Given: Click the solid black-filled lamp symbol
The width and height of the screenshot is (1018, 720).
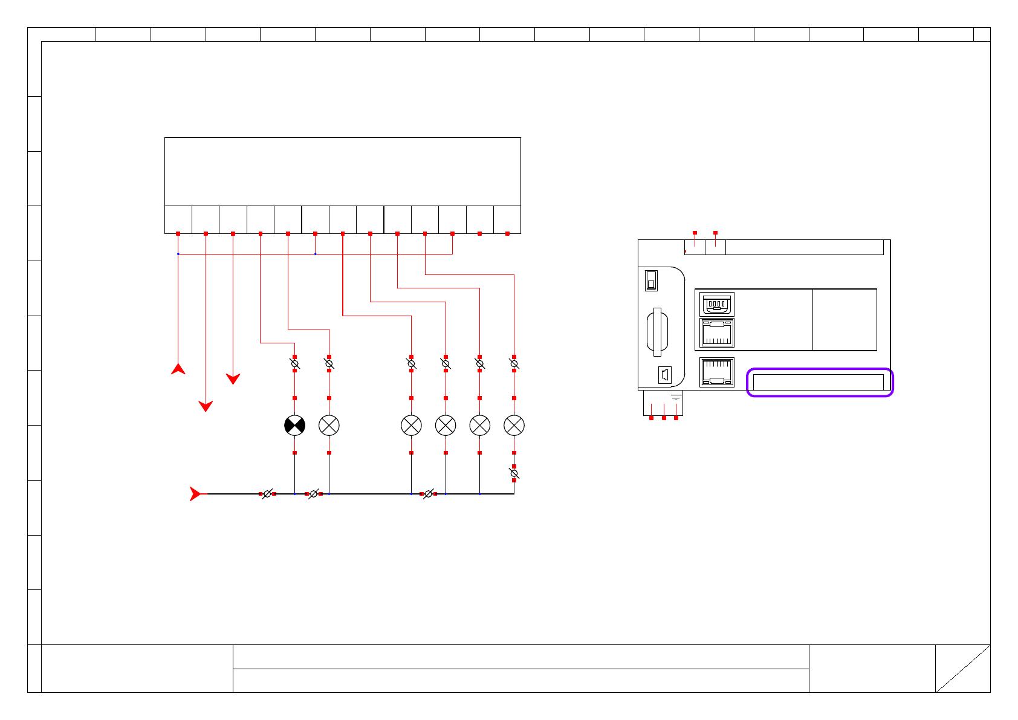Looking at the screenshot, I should [294, 426].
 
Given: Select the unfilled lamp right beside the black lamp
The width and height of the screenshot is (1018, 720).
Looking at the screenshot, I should [329, 426].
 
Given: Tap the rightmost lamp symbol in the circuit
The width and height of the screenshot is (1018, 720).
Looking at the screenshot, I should [514, 426].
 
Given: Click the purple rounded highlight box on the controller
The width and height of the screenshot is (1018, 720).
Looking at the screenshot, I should [820, 382].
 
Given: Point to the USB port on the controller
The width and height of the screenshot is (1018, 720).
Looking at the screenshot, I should [717, 304].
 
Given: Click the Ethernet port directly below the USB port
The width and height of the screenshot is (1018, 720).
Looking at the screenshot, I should [717, 332].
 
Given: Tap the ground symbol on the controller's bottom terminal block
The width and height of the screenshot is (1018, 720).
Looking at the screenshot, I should [676, 398].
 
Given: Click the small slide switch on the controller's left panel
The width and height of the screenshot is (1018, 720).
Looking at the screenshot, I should [651, 280].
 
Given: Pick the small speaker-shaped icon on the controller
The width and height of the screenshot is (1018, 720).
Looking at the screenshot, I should [664, 375].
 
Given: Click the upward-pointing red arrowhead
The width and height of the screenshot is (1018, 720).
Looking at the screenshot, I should [178, 369].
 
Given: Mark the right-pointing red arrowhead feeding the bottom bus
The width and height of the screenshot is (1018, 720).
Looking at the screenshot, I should [195, 494].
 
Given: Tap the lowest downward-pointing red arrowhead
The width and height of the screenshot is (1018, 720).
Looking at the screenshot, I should [206, 406].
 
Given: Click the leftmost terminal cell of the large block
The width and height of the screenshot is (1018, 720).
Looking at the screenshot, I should [178, 219].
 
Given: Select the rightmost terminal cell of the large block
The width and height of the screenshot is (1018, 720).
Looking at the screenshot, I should [507, 219].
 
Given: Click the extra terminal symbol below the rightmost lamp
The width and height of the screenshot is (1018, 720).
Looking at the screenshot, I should [514, 475].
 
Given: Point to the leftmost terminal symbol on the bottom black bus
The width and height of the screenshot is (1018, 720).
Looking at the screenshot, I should [267, 494].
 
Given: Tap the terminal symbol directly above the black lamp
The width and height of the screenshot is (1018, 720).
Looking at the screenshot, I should [294, 364].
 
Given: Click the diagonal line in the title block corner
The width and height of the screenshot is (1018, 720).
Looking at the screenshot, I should [963, 669].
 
